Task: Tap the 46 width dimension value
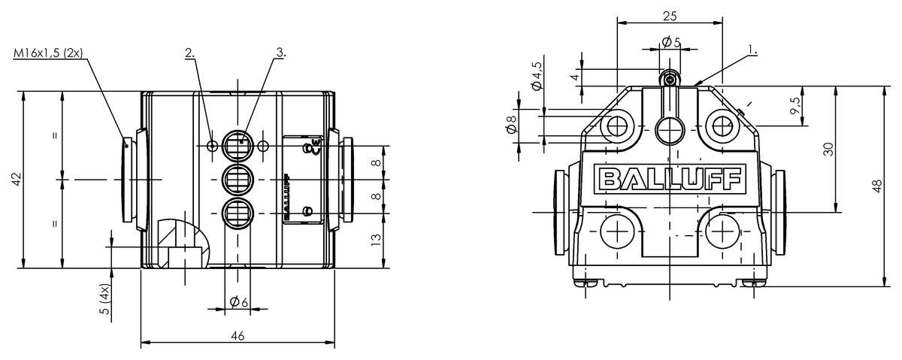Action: [x=237, y=335]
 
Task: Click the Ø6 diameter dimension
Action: [x=238, y=301]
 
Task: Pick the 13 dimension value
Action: [x=377, y=241]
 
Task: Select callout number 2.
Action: [x=190, y=53]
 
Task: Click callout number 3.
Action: [x=280, y=53]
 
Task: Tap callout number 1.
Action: [x=752, y=50]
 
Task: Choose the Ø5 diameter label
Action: [x=671, y=42]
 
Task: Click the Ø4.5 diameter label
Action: [x=537, y=75]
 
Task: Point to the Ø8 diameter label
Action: [x=512, y=126]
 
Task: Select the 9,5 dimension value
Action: [x=795, y=105]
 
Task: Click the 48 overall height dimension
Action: [x=876, y=186]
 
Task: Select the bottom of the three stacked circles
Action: [x=238, y=213]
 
